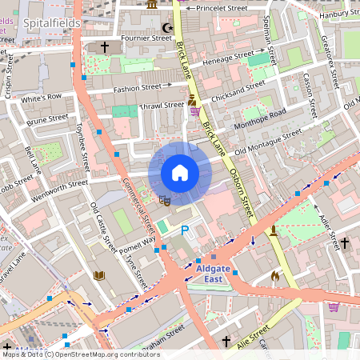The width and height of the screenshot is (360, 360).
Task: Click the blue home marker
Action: click(x=180, y=173)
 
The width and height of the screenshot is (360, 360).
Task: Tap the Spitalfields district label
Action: click(x=51, y=24)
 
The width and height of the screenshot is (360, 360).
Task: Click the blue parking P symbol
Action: click(x=185, y=230)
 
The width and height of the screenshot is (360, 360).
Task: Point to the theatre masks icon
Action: click(x=164, y=200)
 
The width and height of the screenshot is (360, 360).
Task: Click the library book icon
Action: click(x=100, y=275)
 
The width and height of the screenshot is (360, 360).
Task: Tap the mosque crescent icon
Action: click(x=167, y=29)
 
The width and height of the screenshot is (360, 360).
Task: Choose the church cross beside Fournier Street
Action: click(x=104, y=48)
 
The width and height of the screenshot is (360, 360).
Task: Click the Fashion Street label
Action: click(x=137, y=88)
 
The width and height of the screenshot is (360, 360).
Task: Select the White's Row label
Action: click(x=41, y=99)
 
